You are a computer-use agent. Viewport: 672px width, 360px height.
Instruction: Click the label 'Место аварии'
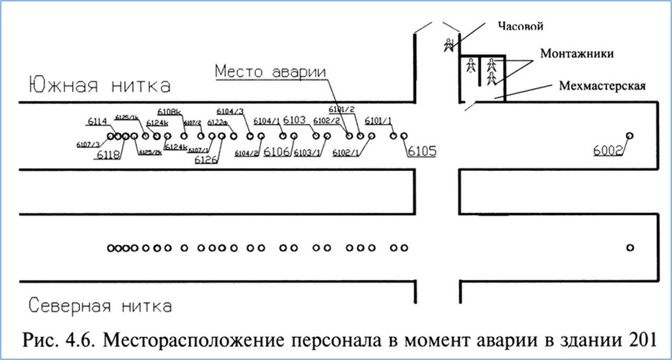270,72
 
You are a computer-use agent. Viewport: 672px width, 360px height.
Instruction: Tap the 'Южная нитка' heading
100,85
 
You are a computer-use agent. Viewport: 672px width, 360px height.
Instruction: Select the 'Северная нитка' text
100,306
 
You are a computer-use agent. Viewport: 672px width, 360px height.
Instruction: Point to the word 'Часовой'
520,27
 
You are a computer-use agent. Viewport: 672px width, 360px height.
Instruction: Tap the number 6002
608,150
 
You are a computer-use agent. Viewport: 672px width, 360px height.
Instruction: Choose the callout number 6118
109,155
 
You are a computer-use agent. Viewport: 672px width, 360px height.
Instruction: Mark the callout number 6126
206,159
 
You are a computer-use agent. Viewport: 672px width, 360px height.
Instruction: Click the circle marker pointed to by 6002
629,136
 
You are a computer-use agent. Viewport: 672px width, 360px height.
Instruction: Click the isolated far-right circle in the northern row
630,247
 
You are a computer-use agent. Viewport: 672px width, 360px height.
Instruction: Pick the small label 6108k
170,112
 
